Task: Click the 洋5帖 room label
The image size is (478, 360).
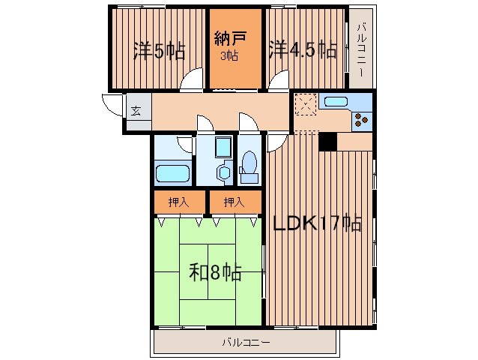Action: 160,51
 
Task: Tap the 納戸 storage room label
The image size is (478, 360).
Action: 230,38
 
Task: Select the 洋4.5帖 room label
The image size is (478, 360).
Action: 303,49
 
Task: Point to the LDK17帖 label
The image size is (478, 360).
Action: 318,223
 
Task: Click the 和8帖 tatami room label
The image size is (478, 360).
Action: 215,271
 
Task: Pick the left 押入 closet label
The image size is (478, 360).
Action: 179,202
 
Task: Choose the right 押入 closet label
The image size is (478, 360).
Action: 234,202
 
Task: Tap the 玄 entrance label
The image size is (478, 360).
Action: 136,111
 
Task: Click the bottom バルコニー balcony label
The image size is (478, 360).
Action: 246,343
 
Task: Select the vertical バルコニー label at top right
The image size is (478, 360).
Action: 362,49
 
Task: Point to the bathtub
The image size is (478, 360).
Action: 173,173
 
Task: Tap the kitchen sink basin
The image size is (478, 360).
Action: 336,101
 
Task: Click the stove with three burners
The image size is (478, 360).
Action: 362,120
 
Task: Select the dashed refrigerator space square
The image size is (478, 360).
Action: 306,105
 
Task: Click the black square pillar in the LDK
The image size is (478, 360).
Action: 327,142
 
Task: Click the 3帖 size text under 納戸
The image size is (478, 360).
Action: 229,55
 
